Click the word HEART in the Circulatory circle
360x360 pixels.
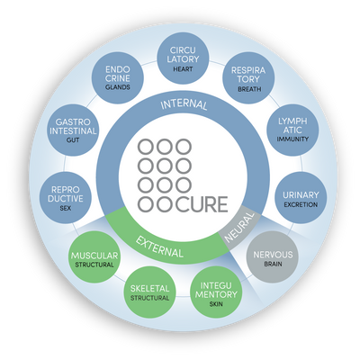tap(183, 69)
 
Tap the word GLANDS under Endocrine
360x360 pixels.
tap(118, 87)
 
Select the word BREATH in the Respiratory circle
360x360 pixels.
tap(249, 89)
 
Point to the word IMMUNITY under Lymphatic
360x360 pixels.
tap(292, 139)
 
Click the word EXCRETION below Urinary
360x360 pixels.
tap(301, 205)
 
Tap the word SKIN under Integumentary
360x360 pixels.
tap(216, 304)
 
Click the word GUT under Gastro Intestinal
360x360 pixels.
tap(73, 140)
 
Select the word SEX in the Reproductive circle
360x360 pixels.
tap(66, 208)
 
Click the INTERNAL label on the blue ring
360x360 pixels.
tap(184, 104)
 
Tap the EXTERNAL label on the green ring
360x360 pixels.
tap(159, 247)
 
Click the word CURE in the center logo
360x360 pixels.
tap(202, 204)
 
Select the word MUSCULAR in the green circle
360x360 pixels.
tap(94, 256)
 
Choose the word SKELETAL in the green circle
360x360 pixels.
tap(149, 289)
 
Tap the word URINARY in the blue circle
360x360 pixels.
tap(301, 195)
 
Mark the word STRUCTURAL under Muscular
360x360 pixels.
tap(94, 265)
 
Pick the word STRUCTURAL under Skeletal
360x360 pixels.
tap(149, 298)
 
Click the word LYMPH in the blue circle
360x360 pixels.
tap(292, 121)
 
